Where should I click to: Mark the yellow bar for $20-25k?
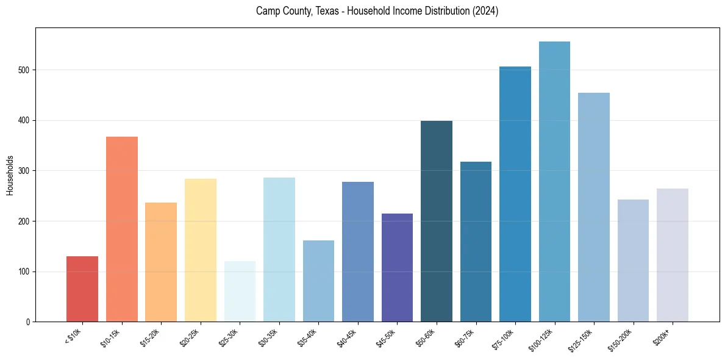point(200,250)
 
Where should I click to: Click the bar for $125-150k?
point(594,207)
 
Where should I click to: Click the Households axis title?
point(10,175)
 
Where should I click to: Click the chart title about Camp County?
point(377,11)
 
